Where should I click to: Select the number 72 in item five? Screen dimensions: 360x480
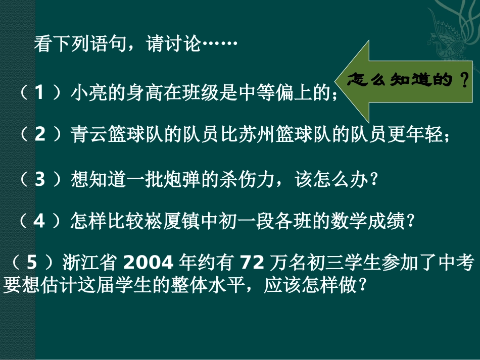point(251,263)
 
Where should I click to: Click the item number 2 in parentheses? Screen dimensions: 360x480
point(40,136)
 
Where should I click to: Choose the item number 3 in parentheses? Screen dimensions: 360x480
point(40,180)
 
